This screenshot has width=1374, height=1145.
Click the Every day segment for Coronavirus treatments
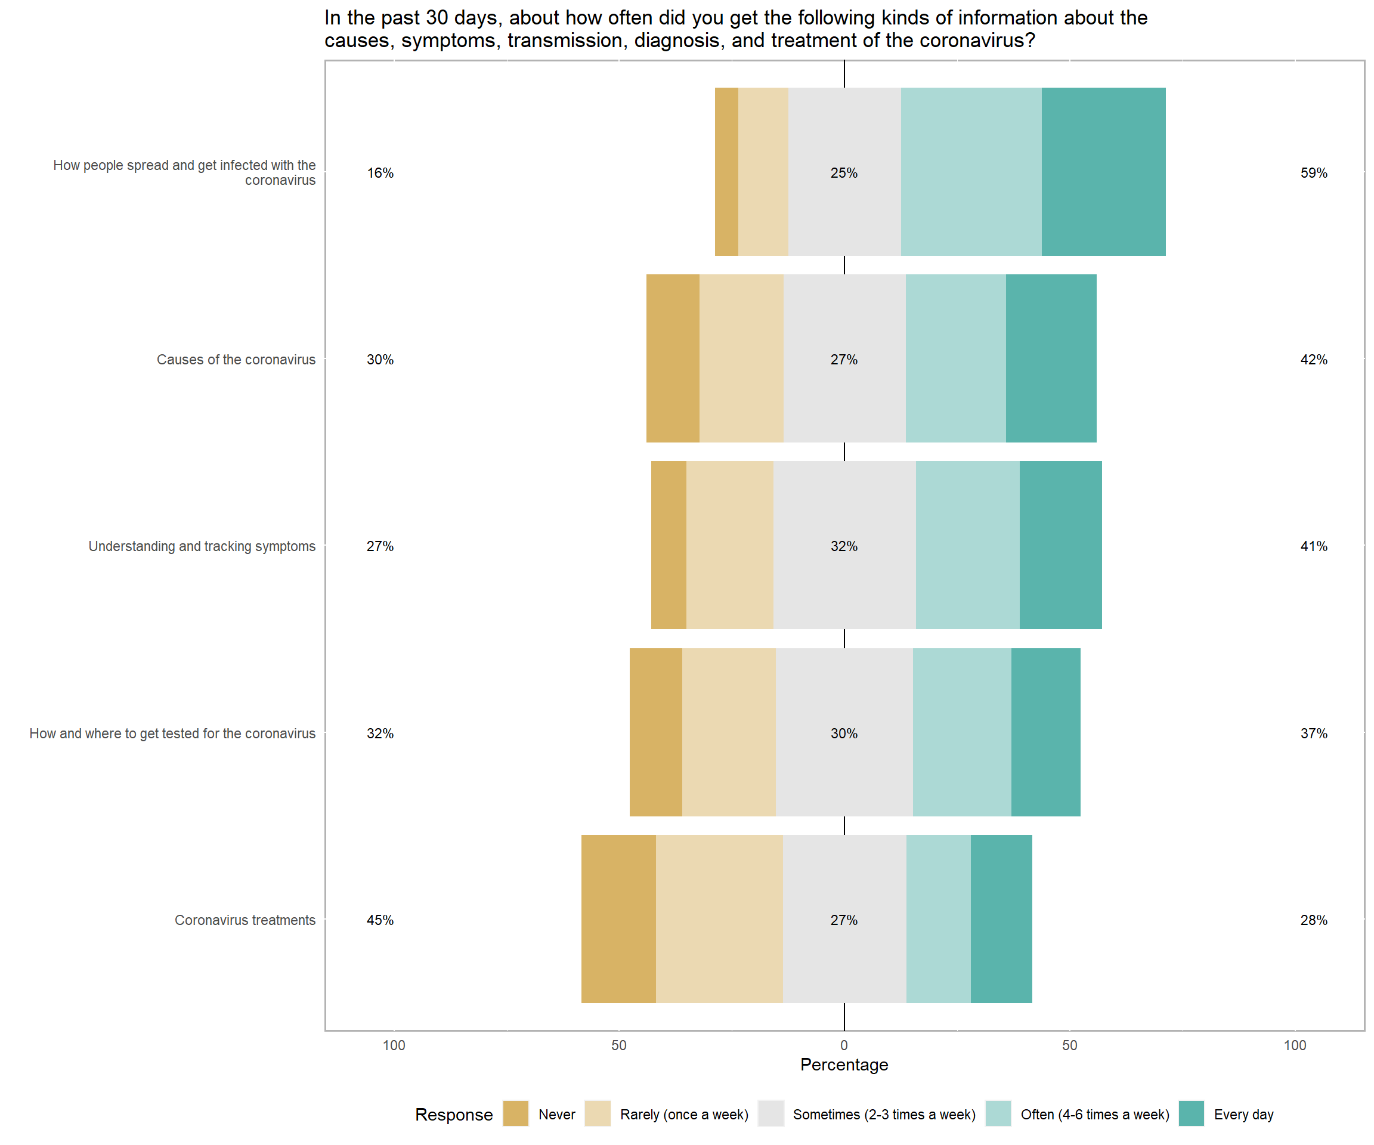point(1001,918)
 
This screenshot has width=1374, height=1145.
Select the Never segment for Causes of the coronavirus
point(673,358)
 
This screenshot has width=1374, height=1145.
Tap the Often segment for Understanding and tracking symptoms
point(967,545)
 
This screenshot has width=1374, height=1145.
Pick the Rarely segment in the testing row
point(728,732)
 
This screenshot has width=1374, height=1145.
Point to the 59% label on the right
point(1313,173)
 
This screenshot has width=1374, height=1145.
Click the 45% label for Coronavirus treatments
point(379,920)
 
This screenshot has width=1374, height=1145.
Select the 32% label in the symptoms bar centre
point(843,546)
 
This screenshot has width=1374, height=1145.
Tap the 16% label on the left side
point(379,173)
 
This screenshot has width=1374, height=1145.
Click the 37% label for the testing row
point(1313,734)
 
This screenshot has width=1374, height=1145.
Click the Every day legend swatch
point(1191,1113)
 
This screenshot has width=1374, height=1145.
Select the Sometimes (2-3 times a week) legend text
point(883,1114)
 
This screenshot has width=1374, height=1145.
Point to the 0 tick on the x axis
point(844,1045)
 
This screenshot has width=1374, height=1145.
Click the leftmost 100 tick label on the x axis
point(394,1045)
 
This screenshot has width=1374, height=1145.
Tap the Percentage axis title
point(844,1064)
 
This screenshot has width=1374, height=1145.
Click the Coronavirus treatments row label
point(245,920)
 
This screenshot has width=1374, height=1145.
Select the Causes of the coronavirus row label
point(236,359)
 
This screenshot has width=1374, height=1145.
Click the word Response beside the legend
point(453,1114)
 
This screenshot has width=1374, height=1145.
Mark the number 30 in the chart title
point(437,18)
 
